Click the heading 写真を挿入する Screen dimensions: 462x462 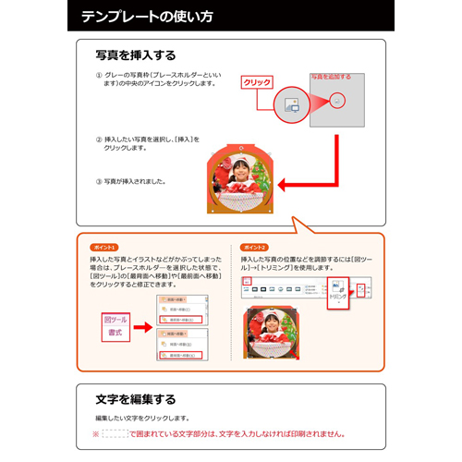click(135, 56)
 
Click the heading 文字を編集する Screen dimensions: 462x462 click(135, 399)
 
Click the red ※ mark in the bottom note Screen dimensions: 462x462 click(94, 432)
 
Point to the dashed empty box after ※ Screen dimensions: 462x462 click(114, 432)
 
